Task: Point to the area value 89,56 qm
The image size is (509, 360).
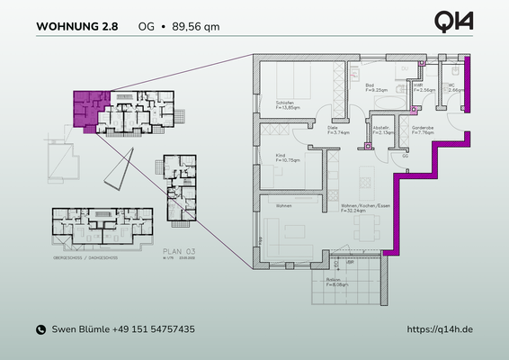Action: click(x=193, y=26)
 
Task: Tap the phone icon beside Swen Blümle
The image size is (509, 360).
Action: click(x=40, y=330)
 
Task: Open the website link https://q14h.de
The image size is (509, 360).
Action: click(x=440, y=330)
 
